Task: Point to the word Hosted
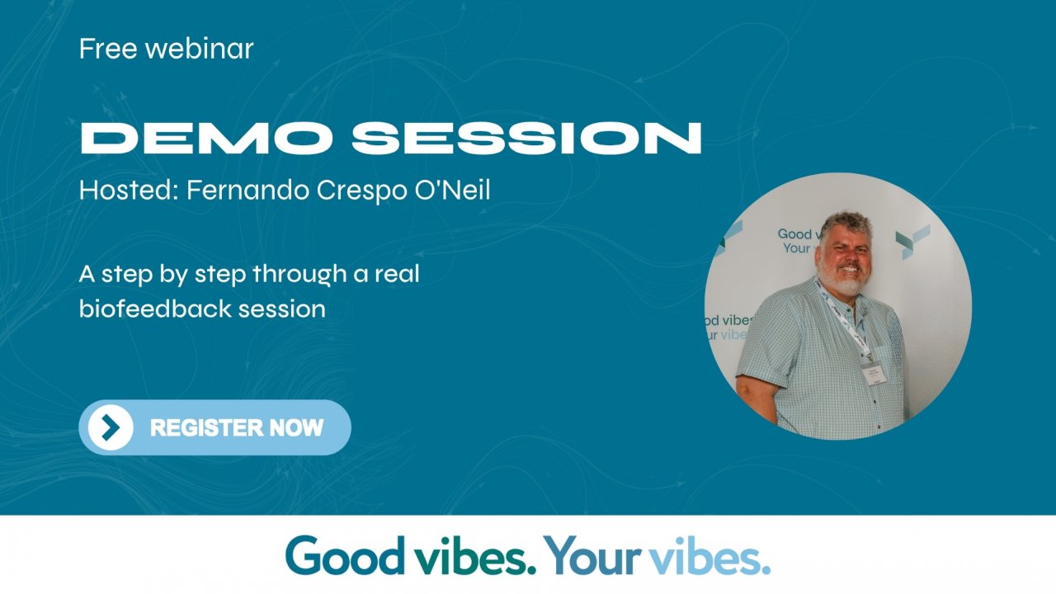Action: coord(128,191)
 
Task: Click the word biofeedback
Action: coord(155,309)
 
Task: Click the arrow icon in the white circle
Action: coord(111,427)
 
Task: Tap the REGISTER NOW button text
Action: coord(237,427)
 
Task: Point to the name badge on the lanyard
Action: coord(874,374)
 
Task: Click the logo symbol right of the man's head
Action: coord(913,241)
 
